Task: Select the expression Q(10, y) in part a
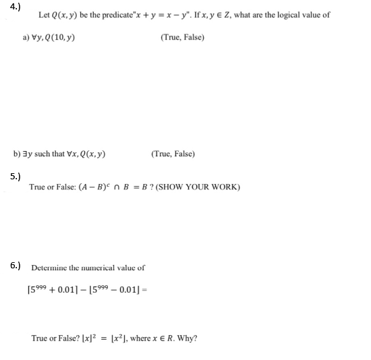(x=60, y=38)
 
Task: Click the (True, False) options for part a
(x=182, y=38)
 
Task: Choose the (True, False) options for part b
(x=173, y=154)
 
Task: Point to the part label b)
(x=18, y=154)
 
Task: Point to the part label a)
(x=27, y=38)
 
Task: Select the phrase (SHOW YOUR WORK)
(x=198, y=187)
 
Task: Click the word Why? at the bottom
(x=188, y=338)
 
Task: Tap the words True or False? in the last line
(x=55, y=338)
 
